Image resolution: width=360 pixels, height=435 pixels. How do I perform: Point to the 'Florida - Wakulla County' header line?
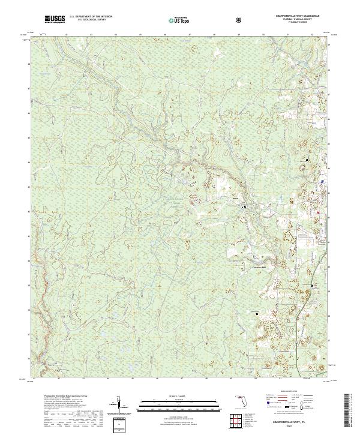tap(297, 20)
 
